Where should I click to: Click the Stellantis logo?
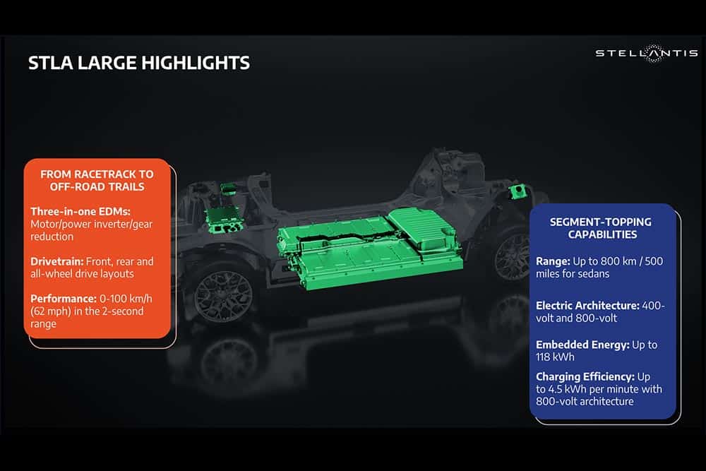[x=646, y=53]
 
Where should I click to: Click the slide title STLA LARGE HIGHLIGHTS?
[x=138, y=63]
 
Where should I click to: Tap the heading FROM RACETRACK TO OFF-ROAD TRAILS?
[x=97, y=181]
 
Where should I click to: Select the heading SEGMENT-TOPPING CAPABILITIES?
[x=602, y=228]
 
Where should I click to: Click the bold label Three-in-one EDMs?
[x=80, y=212]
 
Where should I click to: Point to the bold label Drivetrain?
[x=56, y=261]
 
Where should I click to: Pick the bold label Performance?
[x=64, y=299]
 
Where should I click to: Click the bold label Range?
[x=553, y=261]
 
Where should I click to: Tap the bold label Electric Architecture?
[x=587, y=306]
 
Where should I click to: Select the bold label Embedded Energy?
[x=582, y=345]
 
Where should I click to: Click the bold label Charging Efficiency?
[x=585, y=377]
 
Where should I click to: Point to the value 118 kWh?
[x=555, y=357]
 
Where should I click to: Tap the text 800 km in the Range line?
[x=616, y=261]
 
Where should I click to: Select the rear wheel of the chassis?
[x=510, y=256]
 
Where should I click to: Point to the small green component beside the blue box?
[x=517, y=191]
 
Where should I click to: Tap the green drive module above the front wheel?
[x=225, y=218]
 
